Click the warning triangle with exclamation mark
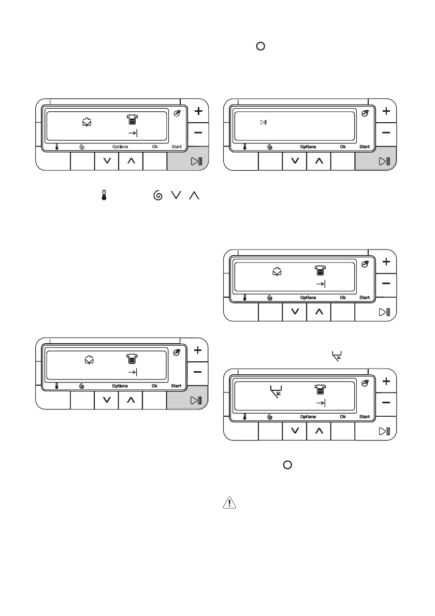coord(229,503)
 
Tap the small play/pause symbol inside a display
coord(263,122)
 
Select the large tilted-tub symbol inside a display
coord(276,392)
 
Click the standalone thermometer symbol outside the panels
coord(104,195)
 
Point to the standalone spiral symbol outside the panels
coord(158,195)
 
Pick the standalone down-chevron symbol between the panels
coord(176,195)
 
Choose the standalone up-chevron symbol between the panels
coord(194,195)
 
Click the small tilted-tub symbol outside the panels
coord(337,356)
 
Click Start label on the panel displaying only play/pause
coord(365,146)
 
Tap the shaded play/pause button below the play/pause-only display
coord(375,161)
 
